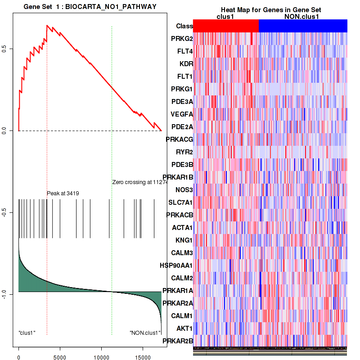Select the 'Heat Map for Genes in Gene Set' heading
coord(270,10)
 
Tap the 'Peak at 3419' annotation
coord(63,193)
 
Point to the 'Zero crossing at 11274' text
coord(140,182)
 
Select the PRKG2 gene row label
coord(182,39)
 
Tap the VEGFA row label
coord(182,114)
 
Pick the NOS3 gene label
coord(184,189)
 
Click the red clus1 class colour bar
coord(226,26)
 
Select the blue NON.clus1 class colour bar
coord(303,26)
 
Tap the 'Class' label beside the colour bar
coord(184,26)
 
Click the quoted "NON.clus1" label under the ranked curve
coord(145,333)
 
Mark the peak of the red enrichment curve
coord(47,26)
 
